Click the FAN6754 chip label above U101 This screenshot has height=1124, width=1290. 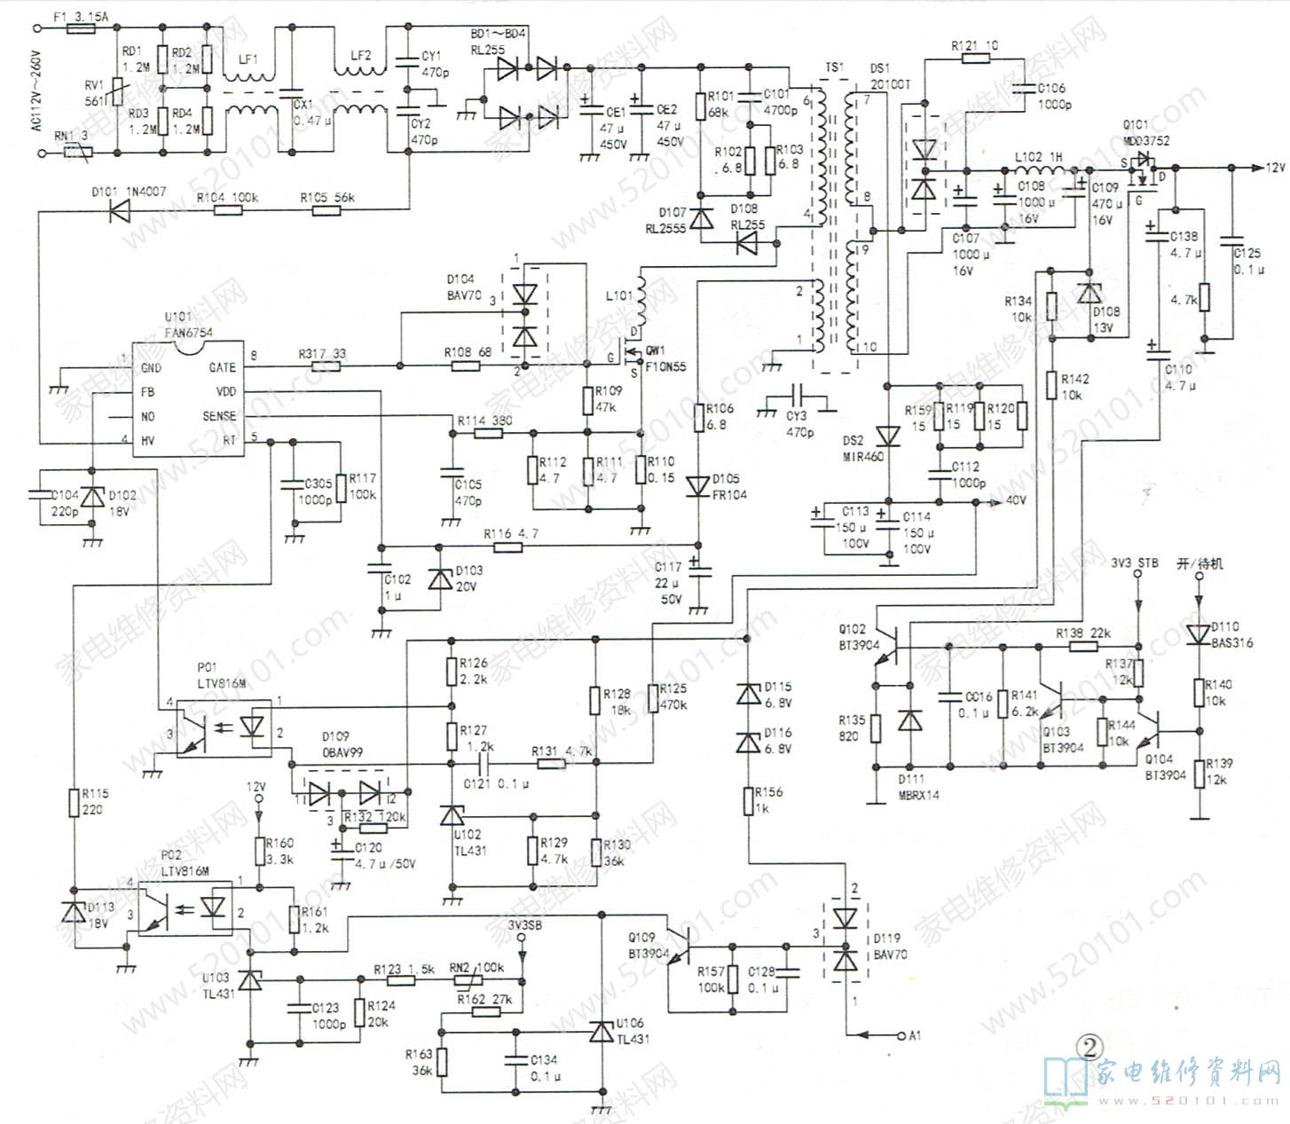click(188, 333)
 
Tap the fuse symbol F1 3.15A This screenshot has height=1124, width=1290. click(82, 29)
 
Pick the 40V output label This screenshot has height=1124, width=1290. click(1015, 501)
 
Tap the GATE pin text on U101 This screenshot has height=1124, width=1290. click(222, 367)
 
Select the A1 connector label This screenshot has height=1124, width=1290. click(915, 1034)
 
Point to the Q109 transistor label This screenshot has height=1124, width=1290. click(642, 938)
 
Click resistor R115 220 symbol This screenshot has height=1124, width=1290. click(75, 803)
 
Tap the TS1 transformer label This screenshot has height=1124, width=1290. click(834, 67)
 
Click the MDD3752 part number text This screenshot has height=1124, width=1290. click(1145, 140)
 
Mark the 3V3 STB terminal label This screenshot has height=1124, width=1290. click(1135, 562)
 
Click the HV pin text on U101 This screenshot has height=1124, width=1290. click(148, 440)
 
